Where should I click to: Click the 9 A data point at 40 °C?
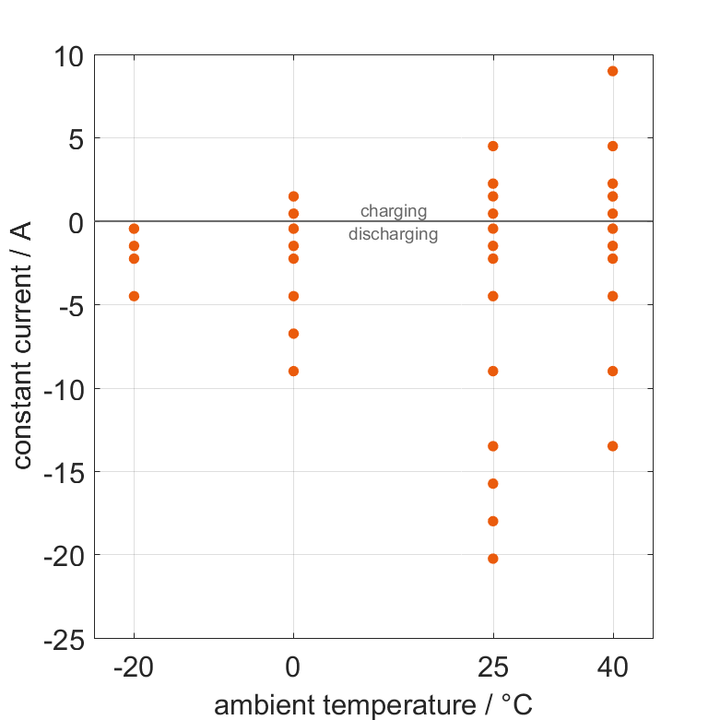pos(613,71)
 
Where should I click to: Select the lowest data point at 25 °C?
pos(493,559)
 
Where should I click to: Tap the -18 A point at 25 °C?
pos(493,521)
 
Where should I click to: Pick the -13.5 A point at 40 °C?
pos(613,446)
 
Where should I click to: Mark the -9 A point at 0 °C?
pos(293,372)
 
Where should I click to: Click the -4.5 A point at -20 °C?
pos(134,296)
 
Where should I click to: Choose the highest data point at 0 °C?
pos(293,196)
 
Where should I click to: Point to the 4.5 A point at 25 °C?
pos(493,147)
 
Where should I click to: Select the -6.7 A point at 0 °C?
pos(293,334)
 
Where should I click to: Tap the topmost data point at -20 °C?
pos(134,229)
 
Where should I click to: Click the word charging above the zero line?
pos(394,211)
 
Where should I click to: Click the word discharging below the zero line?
pos(393,234)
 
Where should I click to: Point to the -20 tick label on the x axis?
pos(134,667)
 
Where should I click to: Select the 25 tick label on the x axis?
pos(493,667)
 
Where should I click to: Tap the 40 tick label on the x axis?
pos(613,667)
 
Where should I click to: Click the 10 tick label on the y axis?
pos(67,56)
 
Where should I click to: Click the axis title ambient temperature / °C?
pos(373,706)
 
